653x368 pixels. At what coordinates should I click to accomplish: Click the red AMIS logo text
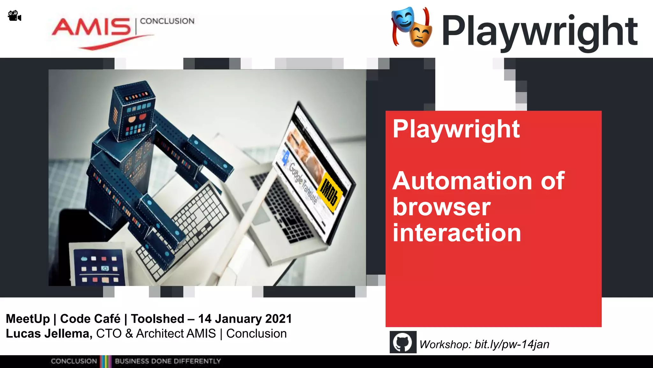91,27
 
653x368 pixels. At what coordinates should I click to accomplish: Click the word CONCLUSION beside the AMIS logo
167,21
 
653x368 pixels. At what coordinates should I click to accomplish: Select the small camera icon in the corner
14,16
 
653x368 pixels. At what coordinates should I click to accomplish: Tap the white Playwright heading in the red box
456,129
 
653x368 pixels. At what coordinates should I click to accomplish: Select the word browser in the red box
441,207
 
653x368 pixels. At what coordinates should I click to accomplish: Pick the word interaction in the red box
457,233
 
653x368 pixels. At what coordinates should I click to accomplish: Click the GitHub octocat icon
403,342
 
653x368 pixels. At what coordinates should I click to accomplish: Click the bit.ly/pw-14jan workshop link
511,344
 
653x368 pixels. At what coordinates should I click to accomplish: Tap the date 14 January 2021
245,319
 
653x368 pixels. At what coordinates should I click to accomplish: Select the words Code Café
90,319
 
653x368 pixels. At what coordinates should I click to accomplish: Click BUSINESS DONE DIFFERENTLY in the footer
168,361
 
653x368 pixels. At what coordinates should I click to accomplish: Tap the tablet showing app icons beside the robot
99,265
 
